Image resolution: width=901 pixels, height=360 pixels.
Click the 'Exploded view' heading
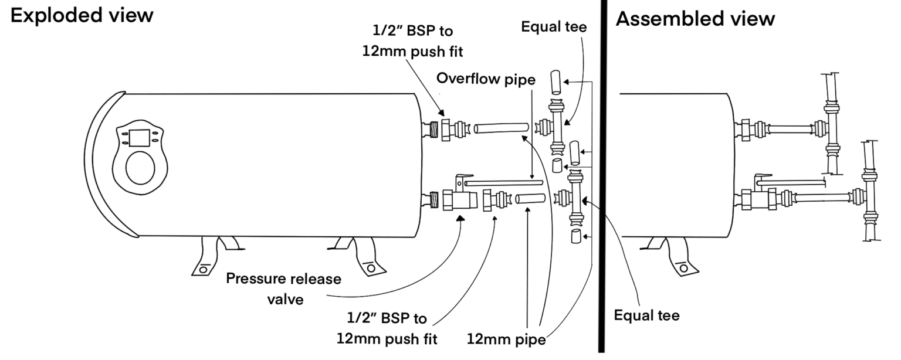[x=82, y=16]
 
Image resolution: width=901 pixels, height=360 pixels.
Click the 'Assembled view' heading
[x=695, y=19]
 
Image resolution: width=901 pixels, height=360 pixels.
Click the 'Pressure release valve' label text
[x=283, y=287]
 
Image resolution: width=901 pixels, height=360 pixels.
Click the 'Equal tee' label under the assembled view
[x=646, y=316]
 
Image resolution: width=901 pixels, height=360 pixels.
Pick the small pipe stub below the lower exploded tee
[x=575, y=237]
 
